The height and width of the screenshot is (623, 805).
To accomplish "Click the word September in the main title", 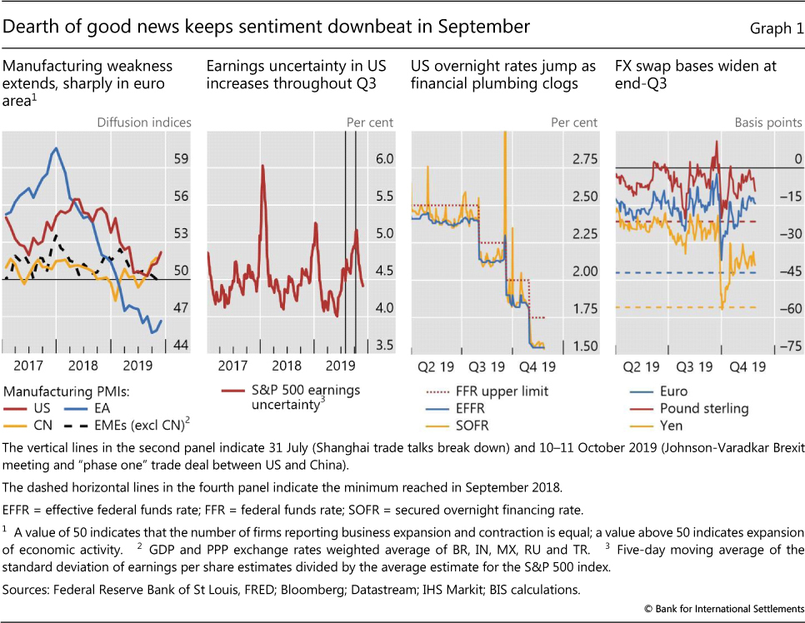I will point(485,27).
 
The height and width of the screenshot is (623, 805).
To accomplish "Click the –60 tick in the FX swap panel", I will point(788,308).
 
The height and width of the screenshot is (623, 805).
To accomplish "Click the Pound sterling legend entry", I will point(704,408).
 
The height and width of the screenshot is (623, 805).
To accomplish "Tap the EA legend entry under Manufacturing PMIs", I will point(102,408).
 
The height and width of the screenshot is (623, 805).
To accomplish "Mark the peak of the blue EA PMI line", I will point(55,149).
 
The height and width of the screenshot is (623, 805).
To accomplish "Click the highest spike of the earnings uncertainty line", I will point(262,166).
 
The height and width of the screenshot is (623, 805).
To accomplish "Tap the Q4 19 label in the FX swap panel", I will point(746,366).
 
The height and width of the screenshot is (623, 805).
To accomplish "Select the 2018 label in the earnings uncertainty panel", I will point(287,366).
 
